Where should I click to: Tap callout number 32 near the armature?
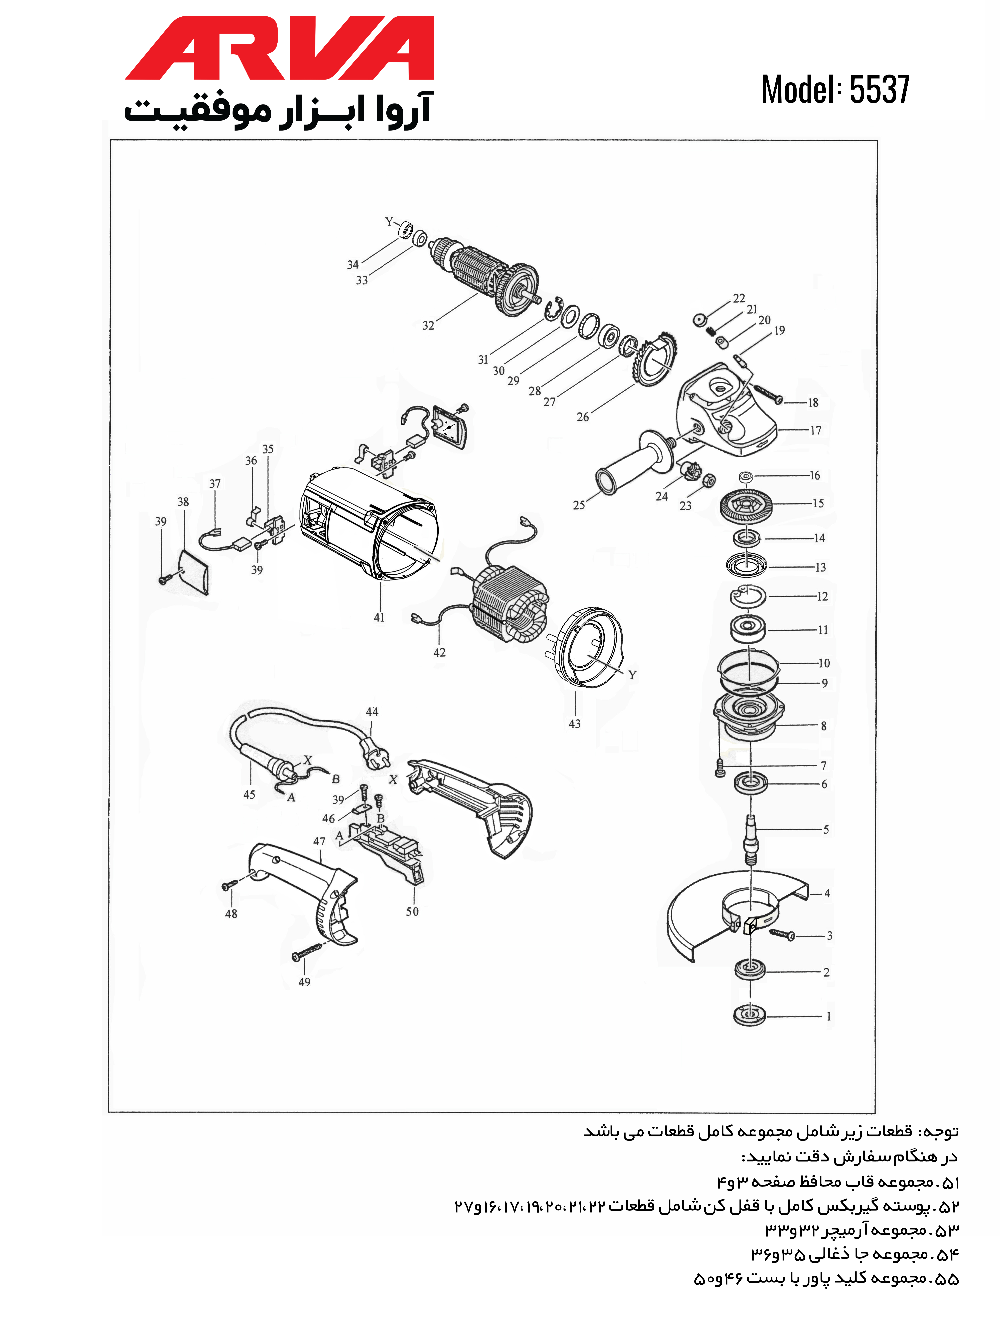tap(428, 326)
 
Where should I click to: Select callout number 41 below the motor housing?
tap(379, 617)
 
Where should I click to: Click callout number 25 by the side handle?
tap(578, 505)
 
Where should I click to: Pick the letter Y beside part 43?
tap(632, 675)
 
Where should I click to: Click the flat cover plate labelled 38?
tap(195, 571)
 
